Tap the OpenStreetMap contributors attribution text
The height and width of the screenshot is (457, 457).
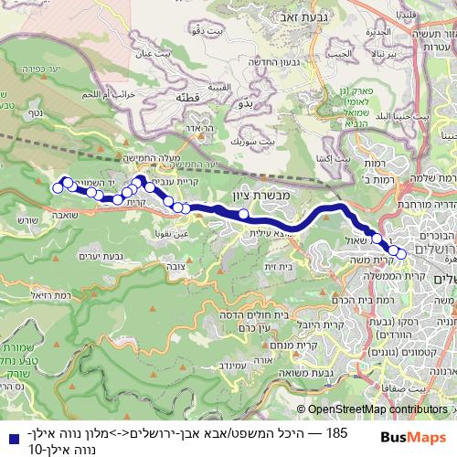[x=377, y=410]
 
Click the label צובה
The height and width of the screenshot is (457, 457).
[x=186, y=258]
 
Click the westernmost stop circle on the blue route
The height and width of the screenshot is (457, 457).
[x=58, y=188]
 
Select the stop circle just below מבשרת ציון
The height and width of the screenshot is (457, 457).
[x=243, y=215]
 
